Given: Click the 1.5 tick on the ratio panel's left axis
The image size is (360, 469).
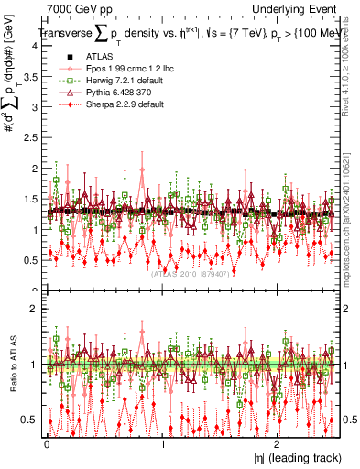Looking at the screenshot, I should pos(29,336).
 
